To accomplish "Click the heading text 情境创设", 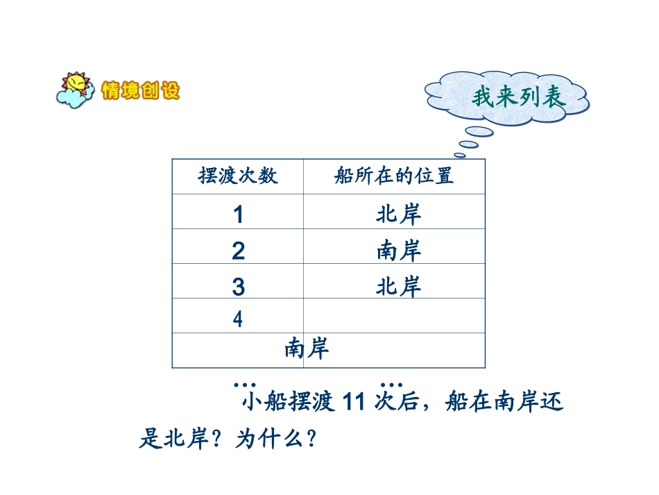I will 140,91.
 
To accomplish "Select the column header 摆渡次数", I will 238,176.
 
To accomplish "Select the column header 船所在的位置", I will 393,176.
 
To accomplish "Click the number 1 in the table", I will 238,215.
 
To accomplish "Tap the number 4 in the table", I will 238,319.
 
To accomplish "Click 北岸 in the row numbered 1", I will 399,215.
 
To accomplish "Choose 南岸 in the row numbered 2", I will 399,251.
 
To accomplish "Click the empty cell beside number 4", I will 393,317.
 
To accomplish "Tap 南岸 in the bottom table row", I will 307,349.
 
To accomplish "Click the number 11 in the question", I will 354,403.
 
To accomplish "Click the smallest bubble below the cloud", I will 459,155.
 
